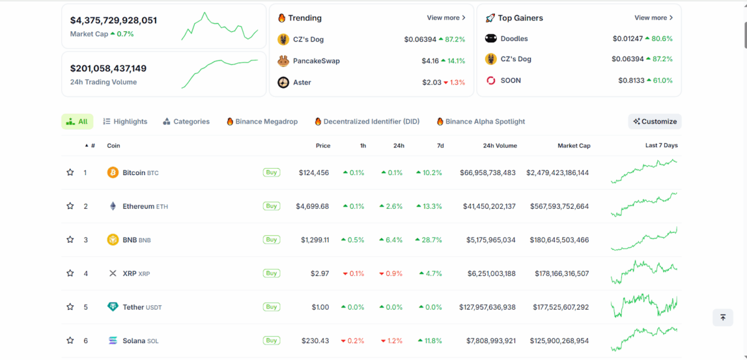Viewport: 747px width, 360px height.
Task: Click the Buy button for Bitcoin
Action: coord(271,173)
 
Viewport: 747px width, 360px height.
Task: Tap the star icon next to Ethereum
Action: coord(70,206)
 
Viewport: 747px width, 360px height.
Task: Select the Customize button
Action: coord(655,121)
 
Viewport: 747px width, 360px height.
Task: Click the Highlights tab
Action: coord(125,121)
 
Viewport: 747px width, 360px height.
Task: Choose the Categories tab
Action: coord(186,121)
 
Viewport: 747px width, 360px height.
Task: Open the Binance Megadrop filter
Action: coord(262,121)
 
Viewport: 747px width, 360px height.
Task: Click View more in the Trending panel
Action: coord(446,18)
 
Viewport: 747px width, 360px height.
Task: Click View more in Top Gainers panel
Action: coord(653,18)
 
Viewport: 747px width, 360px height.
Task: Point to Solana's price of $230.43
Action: coord(315,341)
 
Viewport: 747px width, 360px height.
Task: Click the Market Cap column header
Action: coord(574,146)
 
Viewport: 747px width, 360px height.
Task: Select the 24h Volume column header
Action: coord(500,146)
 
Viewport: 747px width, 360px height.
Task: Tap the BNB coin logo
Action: coord(113,240)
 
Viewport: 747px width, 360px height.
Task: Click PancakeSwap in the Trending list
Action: coord(316,61)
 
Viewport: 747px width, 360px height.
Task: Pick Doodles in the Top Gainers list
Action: coord(514,39)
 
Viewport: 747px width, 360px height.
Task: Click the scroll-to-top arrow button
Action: coord(723,318)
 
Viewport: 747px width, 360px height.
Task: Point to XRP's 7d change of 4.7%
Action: coord(431,273)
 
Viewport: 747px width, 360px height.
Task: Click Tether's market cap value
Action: coord(560,307)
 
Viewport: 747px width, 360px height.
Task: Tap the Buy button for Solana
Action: coord(271,341)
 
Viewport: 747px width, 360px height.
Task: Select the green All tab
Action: coord(77,121)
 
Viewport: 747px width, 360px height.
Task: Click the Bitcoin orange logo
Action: coord(113,173)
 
